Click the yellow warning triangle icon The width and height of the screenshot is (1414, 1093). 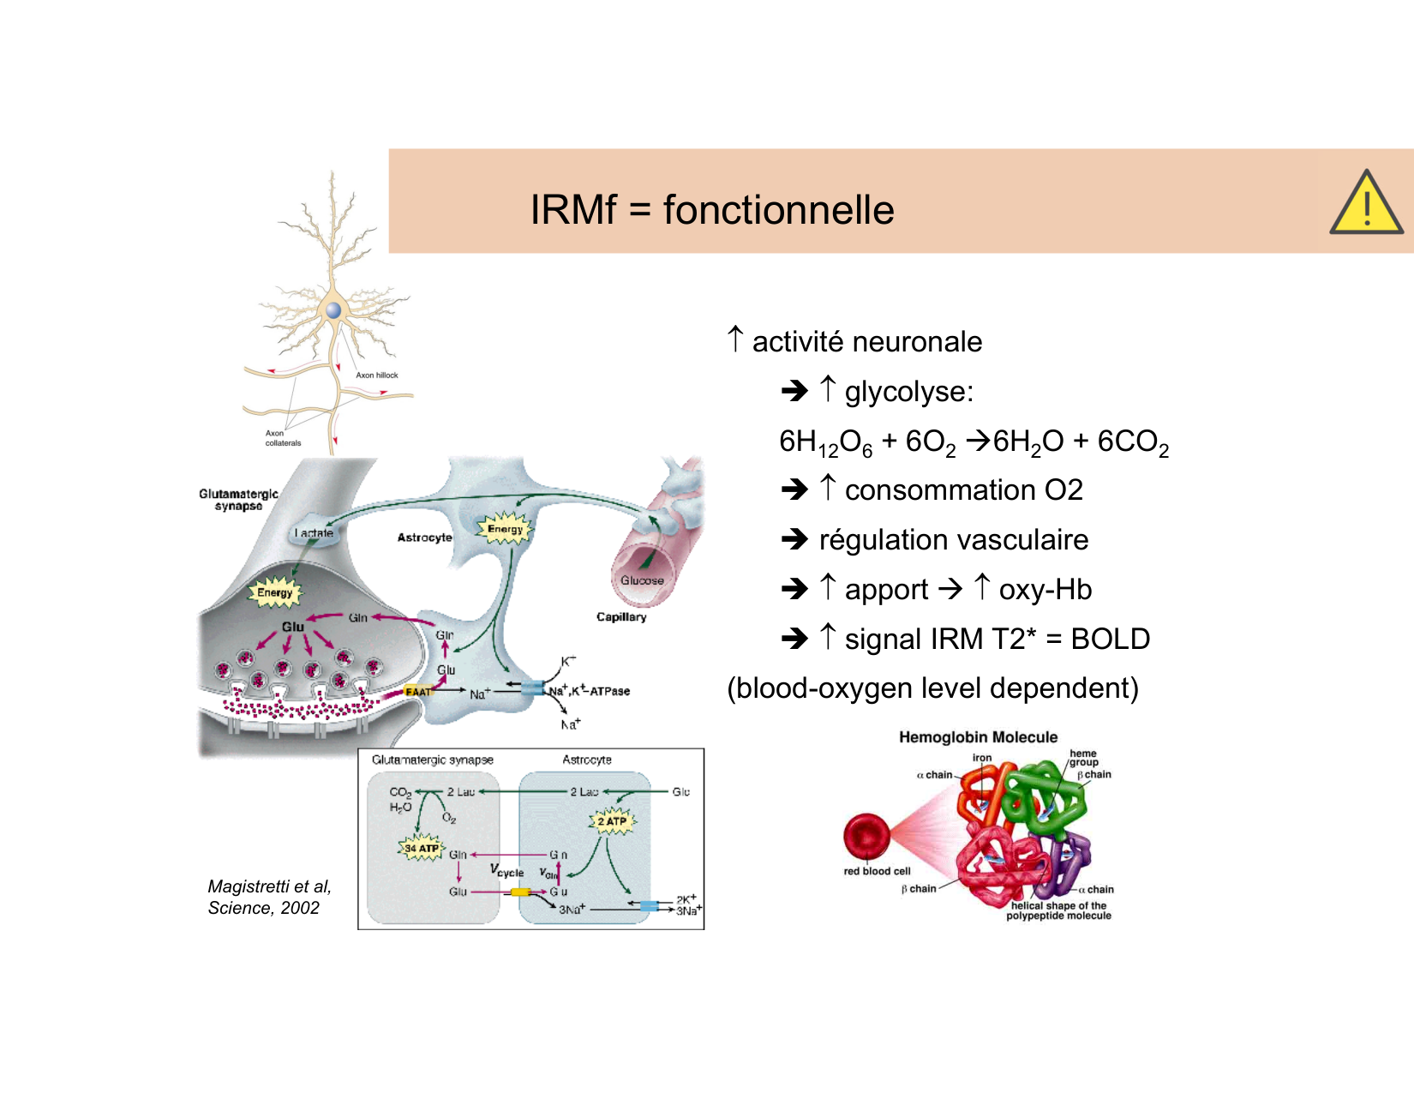(x=1366, y=205)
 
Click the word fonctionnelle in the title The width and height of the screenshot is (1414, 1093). (x=778, y=210)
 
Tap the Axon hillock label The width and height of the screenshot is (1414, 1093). (x=377, y=375)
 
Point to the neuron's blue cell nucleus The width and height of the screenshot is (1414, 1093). (x=333, y=310)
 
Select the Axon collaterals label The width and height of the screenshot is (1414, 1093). (x=283, y=438)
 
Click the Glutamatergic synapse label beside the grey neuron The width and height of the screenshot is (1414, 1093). (x=238, y=500)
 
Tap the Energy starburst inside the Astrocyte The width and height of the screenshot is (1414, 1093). (x=505, y=529)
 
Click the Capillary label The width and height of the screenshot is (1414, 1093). (x=621, y=616)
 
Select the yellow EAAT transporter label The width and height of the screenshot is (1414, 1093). (x=418, y=692)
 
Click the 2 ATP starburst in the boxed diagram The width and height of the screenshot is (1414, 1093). (x=612, y=821)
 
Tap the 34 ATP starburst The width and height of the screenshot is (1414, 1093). (x=422, y=848)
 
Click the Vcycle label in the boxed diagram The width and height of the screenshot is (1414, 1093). (x=506, y=871)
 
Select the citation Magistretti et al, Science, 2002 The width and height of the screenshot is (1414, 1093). (x=269, y=897)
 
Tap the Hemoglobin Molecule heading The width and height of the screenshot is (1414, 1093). (x=978, y=737)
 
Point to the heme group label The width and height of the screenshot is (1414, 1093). (x=1083, y=758)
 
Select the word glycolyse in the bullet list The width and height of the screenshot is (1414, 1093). (x=908, y=392)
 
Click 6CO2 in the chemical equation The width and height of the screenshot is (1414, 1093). (x=1133, y=442)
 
